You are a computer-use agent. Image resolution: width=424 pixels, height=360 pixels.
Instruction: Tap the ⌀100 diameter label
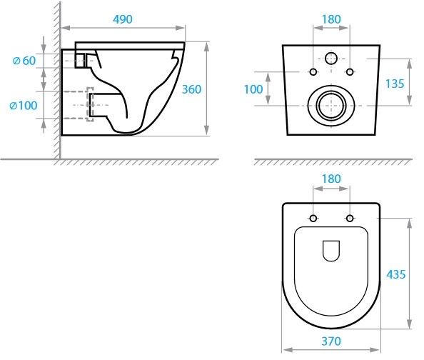[x=23, y=105]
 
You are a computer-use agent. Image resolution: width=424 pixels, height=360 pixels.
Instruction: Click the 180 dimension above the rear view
[x=330, y=19]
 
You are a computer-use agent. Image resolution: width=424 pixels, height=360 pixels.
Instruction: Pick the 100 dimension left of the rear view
[x=252, y=89]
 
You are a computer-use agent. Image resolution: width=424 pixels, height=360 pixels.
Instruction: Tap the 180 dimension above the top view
[x=330, y=178]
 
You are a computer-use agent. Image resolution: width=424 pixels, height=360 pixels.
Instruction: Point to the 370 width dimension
[x=330, y=341]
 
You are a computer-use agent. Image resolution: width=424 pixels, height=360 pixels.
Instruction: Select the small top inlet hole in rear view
[x=330, y=59]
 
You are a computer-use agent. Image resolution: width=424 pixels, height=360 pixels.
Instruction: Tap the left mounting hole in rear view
[x=313, y=71]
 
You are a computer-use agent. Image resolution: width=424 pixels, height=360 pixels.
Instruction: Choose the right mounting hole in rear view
[x=348, y=71]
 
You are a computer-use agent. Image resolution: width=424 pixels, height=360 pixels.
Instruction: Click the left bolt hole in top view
[x=313, y=218]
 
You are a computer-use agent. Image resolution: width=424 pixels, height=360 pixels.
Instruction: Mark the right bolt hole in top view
[x=349, y=218]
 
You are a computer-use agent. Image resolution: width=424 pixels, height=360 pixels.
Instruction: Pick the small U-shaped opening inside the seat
[x=330, y=251]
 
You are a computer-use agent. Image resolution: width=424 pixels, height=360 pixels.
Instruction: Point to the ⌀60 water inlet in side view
[x=80, y=60]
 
